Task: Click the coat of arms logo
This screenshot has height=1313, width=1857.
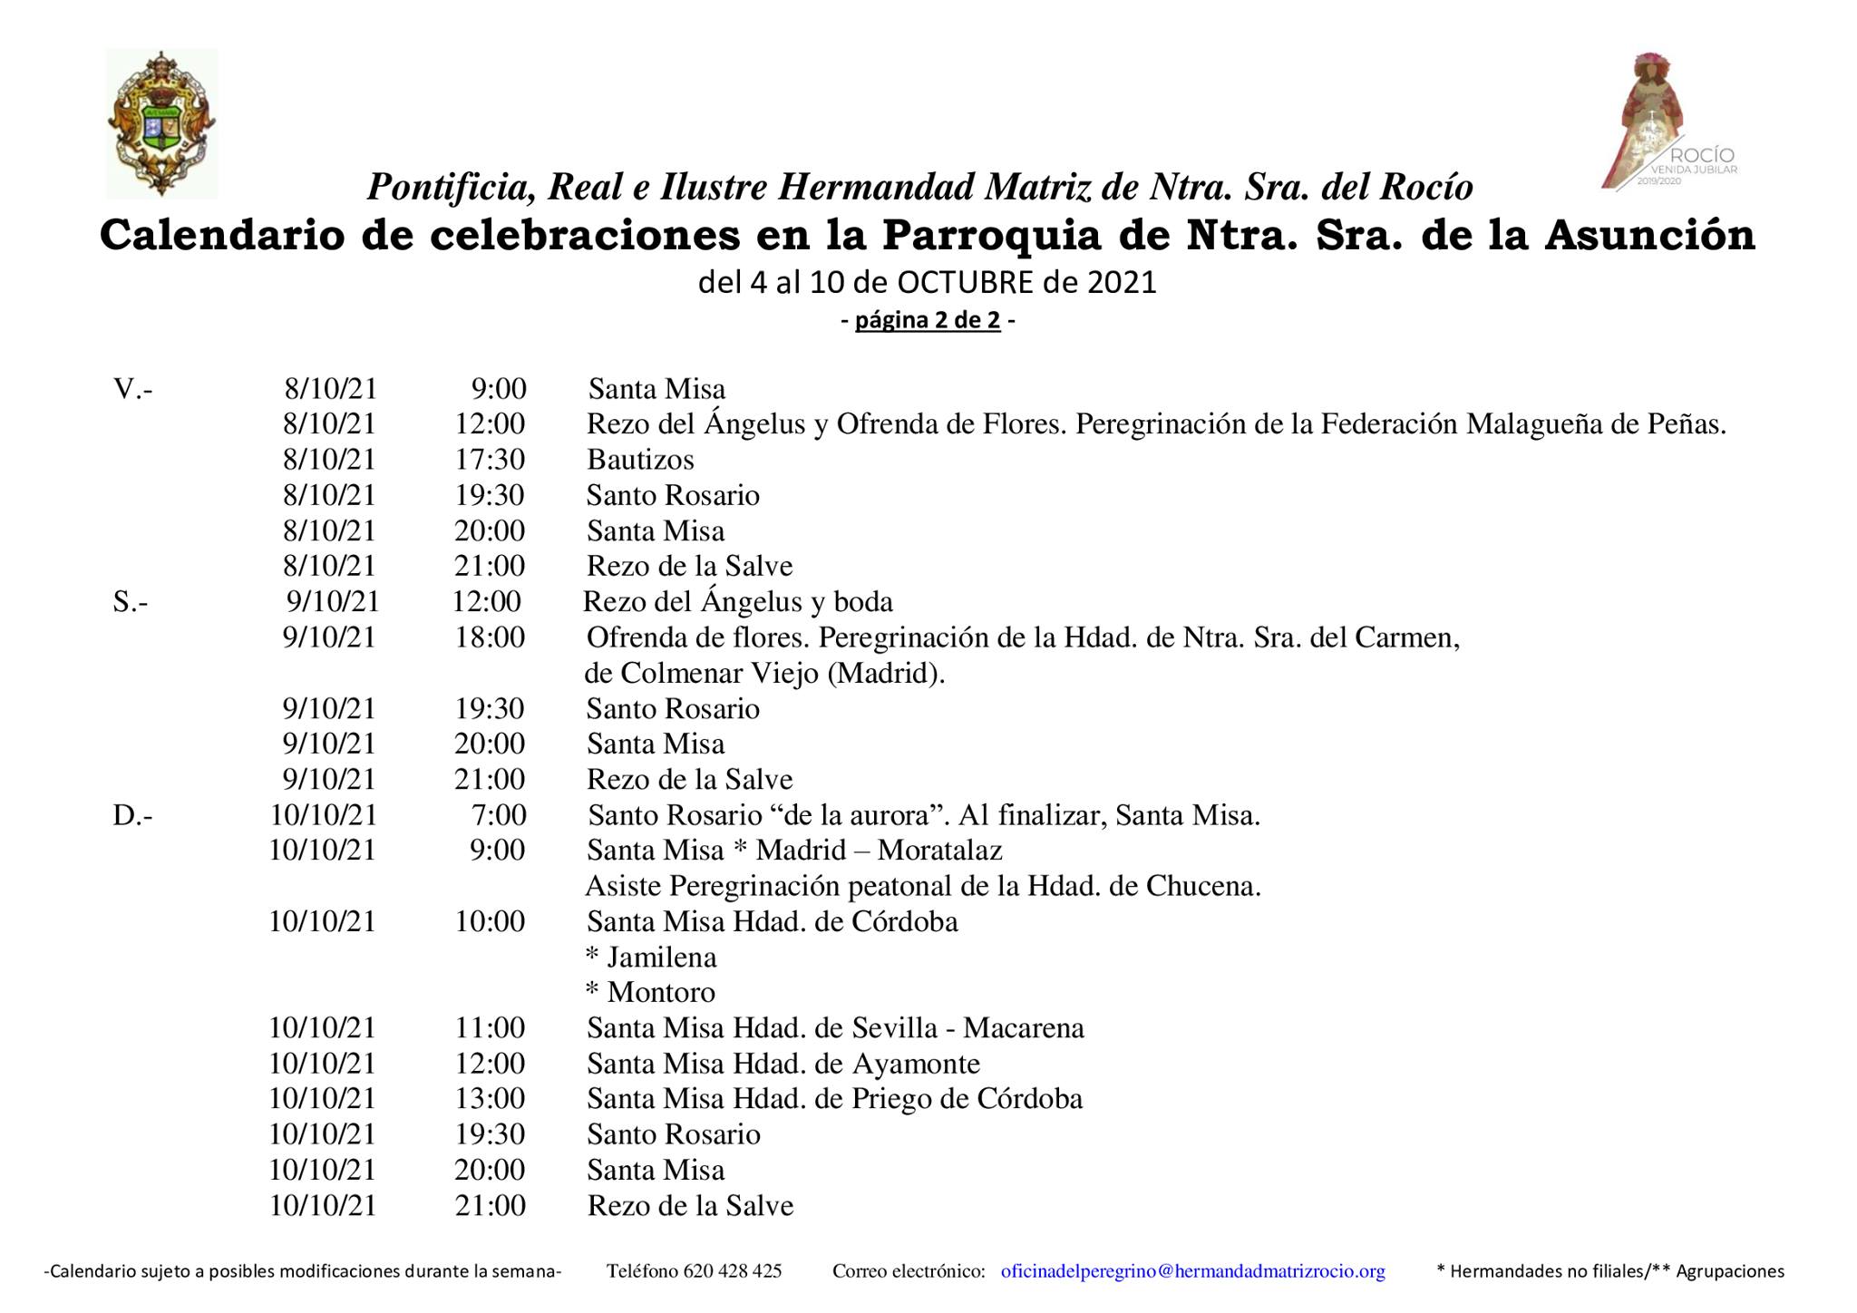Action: coord(161,124)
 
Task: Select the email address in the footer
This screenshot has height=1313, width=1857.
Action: coord(1192,1271)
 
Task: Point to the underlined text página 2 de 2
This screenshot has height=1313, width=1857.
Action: coord(928,320)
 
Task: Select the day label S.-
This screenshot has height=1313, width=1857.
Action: coord(131,602)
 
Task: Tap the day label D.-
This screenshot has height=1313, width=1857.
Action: coord(132,815)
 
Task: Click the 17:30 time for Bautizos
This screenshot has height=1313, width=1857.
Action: coord(490,460)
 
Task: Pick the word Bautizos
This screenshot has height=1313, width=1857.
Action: coord(640,460)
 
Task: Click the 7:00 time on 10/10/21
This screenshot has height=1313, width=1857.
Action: coord(499,815)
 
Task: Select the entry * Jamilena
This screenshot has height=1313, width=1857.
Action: coord(651,958)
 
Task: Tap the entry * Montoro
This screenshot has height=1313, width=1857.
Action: coord(650,993)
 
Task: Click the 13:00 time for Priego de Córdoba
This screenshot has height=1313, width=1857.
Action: coord(490,1099)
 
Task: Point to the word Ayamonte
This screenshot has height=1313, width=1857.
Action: coord(917,1064)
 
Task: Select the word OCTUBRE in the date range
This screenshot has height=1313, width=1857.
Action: coord(966,283)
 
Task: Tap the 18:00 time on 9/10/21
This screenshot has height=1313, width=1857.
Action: coord(490,637)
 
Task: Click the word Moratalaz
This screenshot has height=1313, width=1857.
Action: coord(939,851)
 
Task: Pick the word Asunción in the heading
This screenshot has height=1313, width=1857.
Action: coord(1649,235)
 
